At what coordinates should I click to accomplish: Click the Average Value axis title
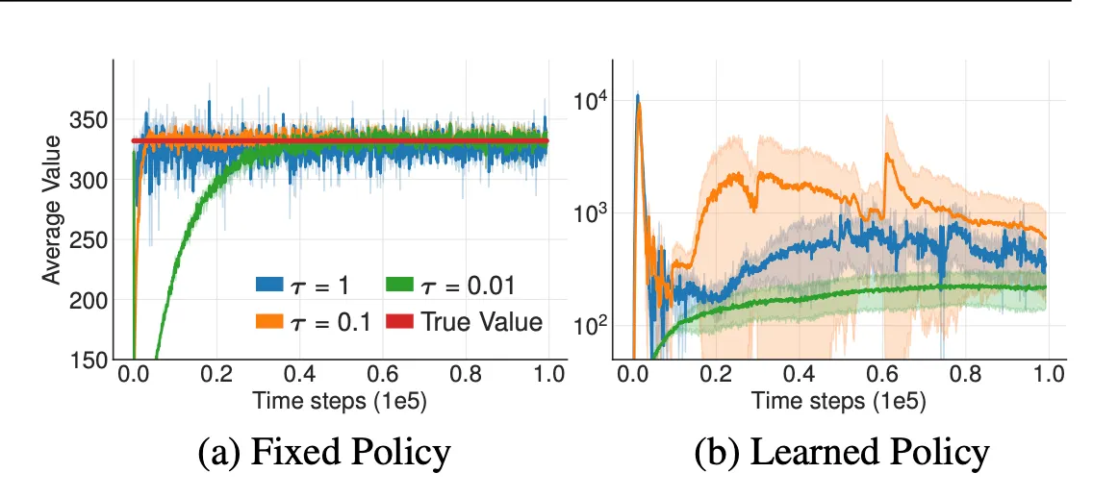[51, 210]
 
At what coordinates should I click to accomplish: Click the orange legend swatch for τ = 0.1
[268, 322]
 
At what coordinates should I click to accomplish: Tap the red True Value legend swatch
[398, 322]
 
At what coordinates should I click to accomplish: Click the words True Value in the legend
[481, 322]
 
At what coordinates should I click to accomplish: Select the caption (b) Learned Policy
[842, 452]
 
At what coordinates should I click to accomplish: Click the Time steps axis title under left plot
[341, 400]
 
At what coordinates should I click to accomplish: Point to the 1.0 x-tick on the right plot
[1046, 372]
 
